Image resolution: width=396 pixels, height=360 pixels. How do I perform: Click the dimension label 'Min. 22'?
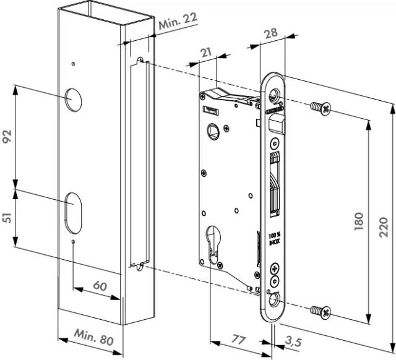click(178, 23)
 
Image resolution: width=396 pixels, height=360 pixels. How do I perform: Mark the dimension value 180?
click(358, 220)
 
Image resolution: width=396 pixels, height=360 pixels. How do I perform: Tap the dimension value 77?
click(239, 338)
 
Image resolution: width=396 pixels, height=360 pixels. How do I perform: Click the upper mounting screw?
click(321, 108)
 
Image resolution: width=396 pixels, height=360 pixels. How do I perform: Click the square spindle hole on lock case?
click(213, 131)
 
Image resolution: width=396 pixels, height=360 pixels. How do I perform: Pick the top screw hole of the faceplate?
click(273, 94)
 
